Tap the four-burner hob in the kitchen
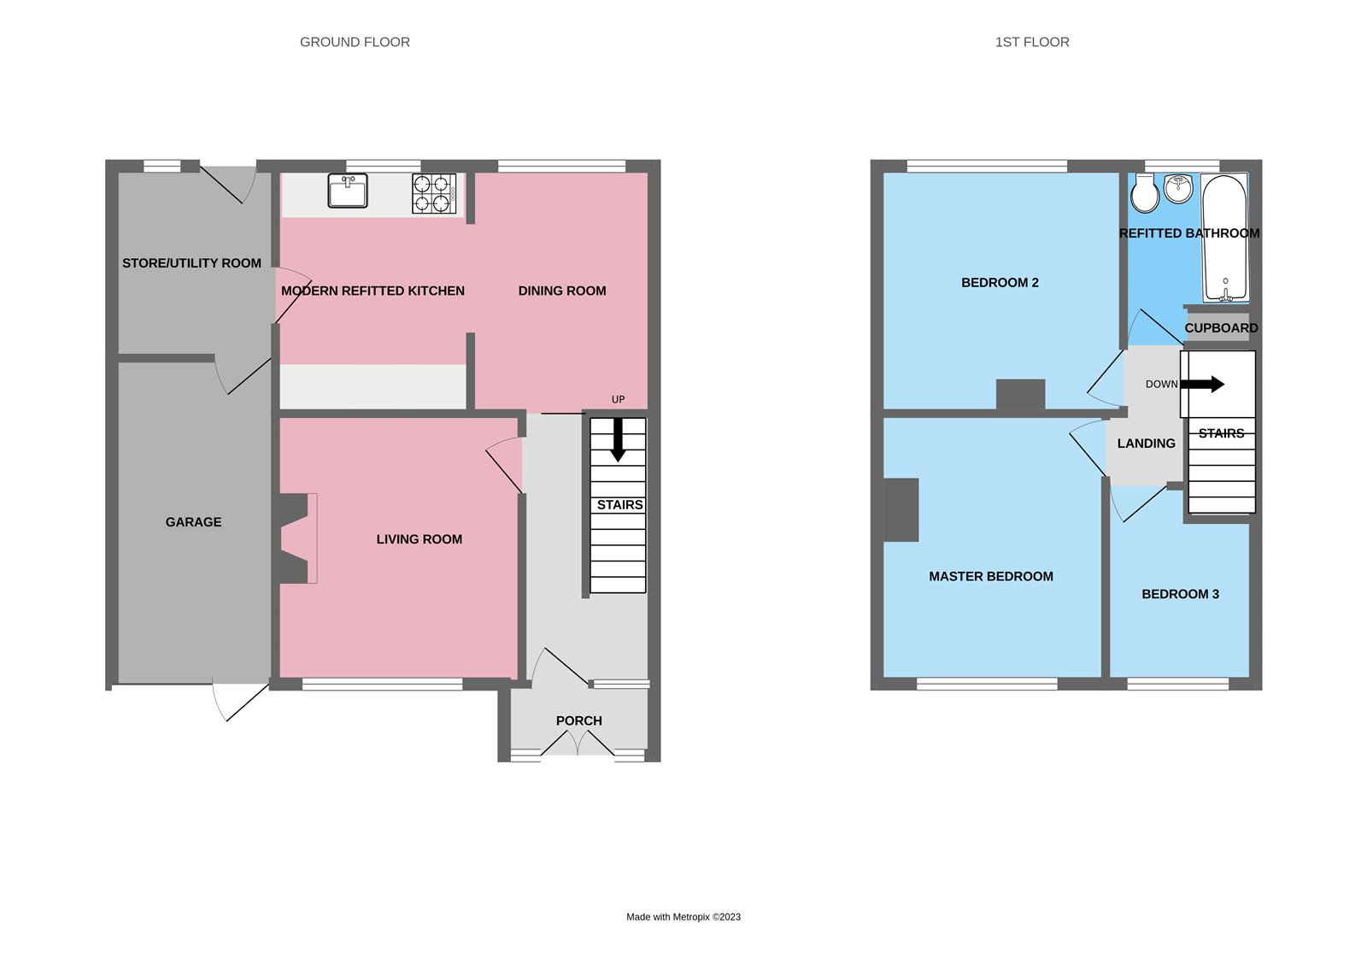[x=434, y=193]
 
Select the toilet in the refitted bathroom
[x=1145, y=193]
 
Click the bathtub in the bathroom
[x=1225, y=238]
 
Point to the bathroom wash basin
[x=1179, y=188]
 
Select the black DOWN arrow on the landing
[x=1202, y=385]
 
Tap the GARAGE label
[x=193, y=522]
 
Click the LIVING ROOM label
[x=419, y=539]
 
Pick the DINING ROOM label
[x=562, y=291]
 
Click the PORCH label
[x=578, y=720]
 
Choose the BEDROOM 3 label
[x=1180, y=594]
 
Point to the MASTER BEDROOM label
[x=990, y=577]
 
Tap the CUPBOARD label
[x=1220, y=328]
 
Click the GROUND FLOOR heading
[x=355, y=42]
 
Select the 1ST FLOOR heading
[x=1031, y=42]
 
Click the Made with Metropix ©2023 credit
[x=683, y=917]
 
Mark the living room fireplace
[x=295, y=538]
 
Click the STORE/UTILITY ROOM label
[x=191, y=263]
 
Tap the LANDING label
[x=1146, y=444]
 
